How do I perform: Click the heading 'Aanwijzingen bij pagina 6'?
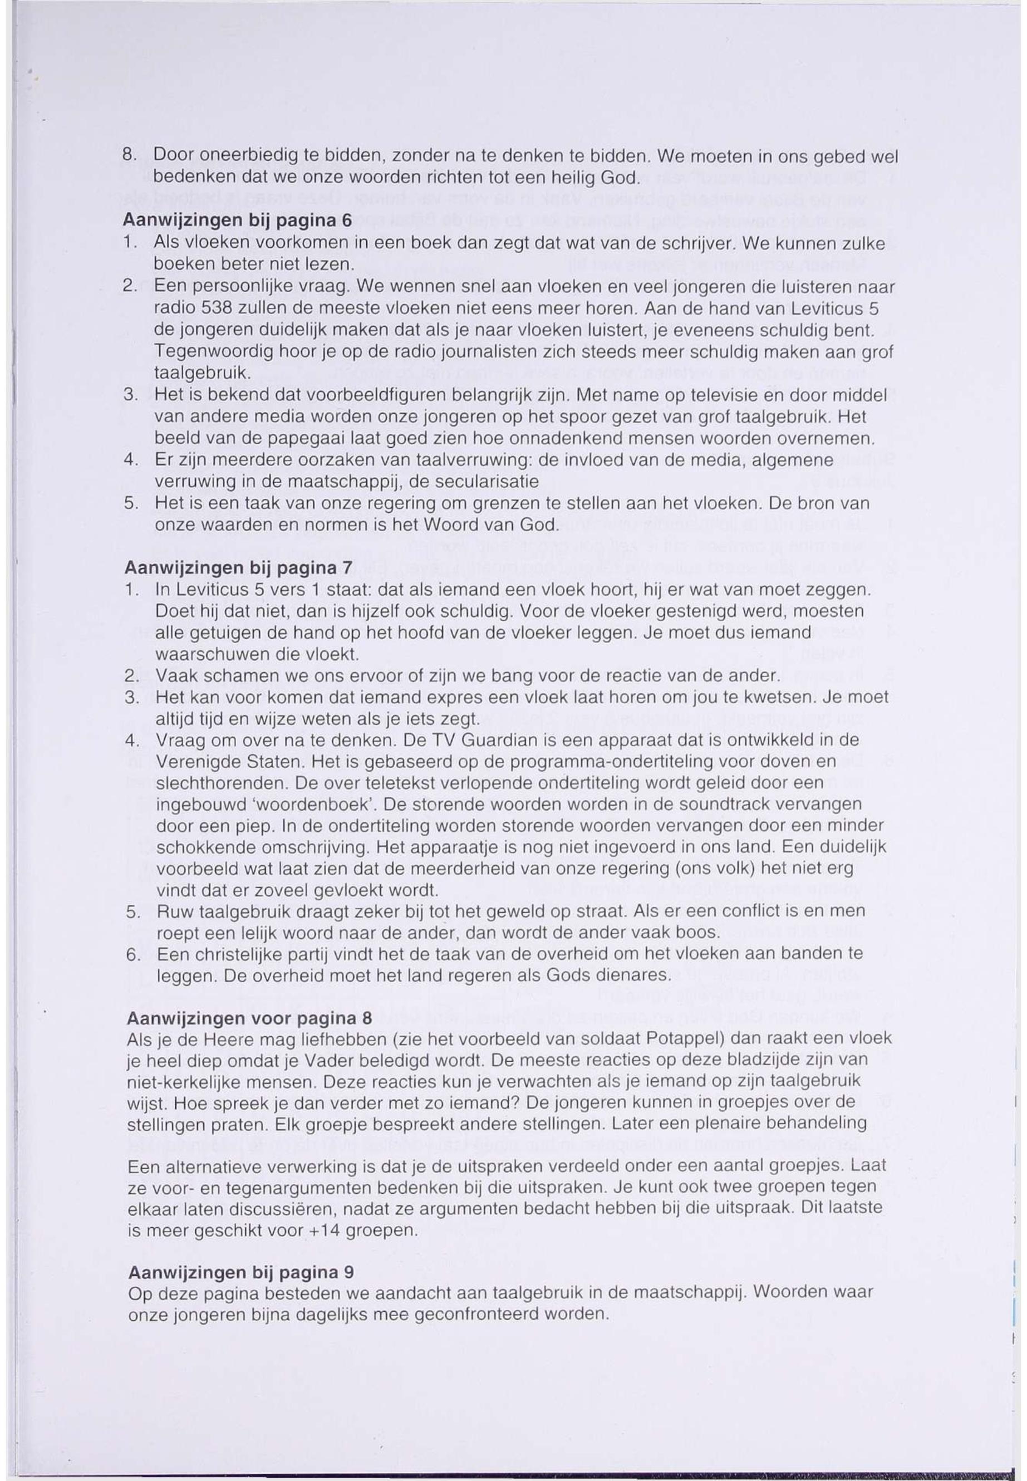click(238, 220)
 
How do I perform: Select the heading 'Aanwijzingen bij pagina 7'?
click(239, 568)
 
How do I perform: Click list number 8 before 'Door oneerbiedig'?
click(127, 156)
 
